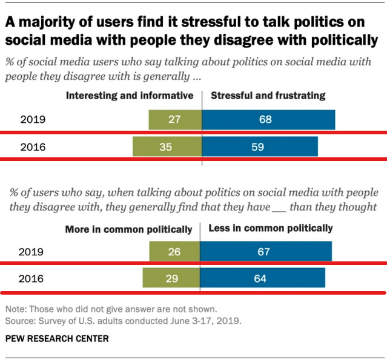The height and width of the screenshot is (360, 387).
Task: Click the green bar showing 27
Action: (175, 120)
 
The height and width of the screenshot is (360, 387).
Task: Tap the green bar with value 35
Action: (167, 146)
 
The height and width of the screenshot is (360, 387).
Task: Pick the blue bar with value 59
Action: (260, 146)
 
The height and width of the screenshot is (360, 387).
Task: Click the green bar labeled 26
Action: (175, 251)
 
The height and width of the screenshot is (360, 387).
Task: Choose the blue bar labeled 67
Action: (267, 251)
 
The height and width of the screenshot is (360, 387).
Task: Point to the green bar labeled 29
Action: (172, 278)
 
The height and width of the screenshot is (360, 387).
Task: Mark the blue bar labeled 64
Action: (263, 278)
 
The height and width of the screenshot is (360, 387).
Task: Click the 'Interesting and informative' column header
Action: (130, 96)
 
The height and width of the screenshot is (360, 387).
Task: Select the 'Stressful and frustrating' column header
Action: (267, 96)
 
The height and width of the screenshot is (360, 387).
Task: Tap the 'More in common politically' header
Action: (129, 229)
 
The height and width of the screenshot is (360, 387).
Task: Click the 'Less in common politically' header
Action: (270, 229)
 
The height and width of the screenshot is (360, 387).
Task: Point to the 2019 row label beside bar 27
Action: (33, 120)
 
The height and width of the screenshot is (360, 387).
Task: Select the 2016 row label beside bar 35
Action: (33, 146)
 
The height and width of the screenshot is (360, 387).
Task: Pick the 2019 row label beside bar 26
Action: (33, 251)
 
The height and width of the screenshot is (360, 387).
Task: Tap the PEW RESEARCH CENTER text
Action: (57, 339)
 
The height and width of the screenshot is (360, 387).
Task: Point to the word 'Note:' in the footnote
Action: (16, 307)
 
